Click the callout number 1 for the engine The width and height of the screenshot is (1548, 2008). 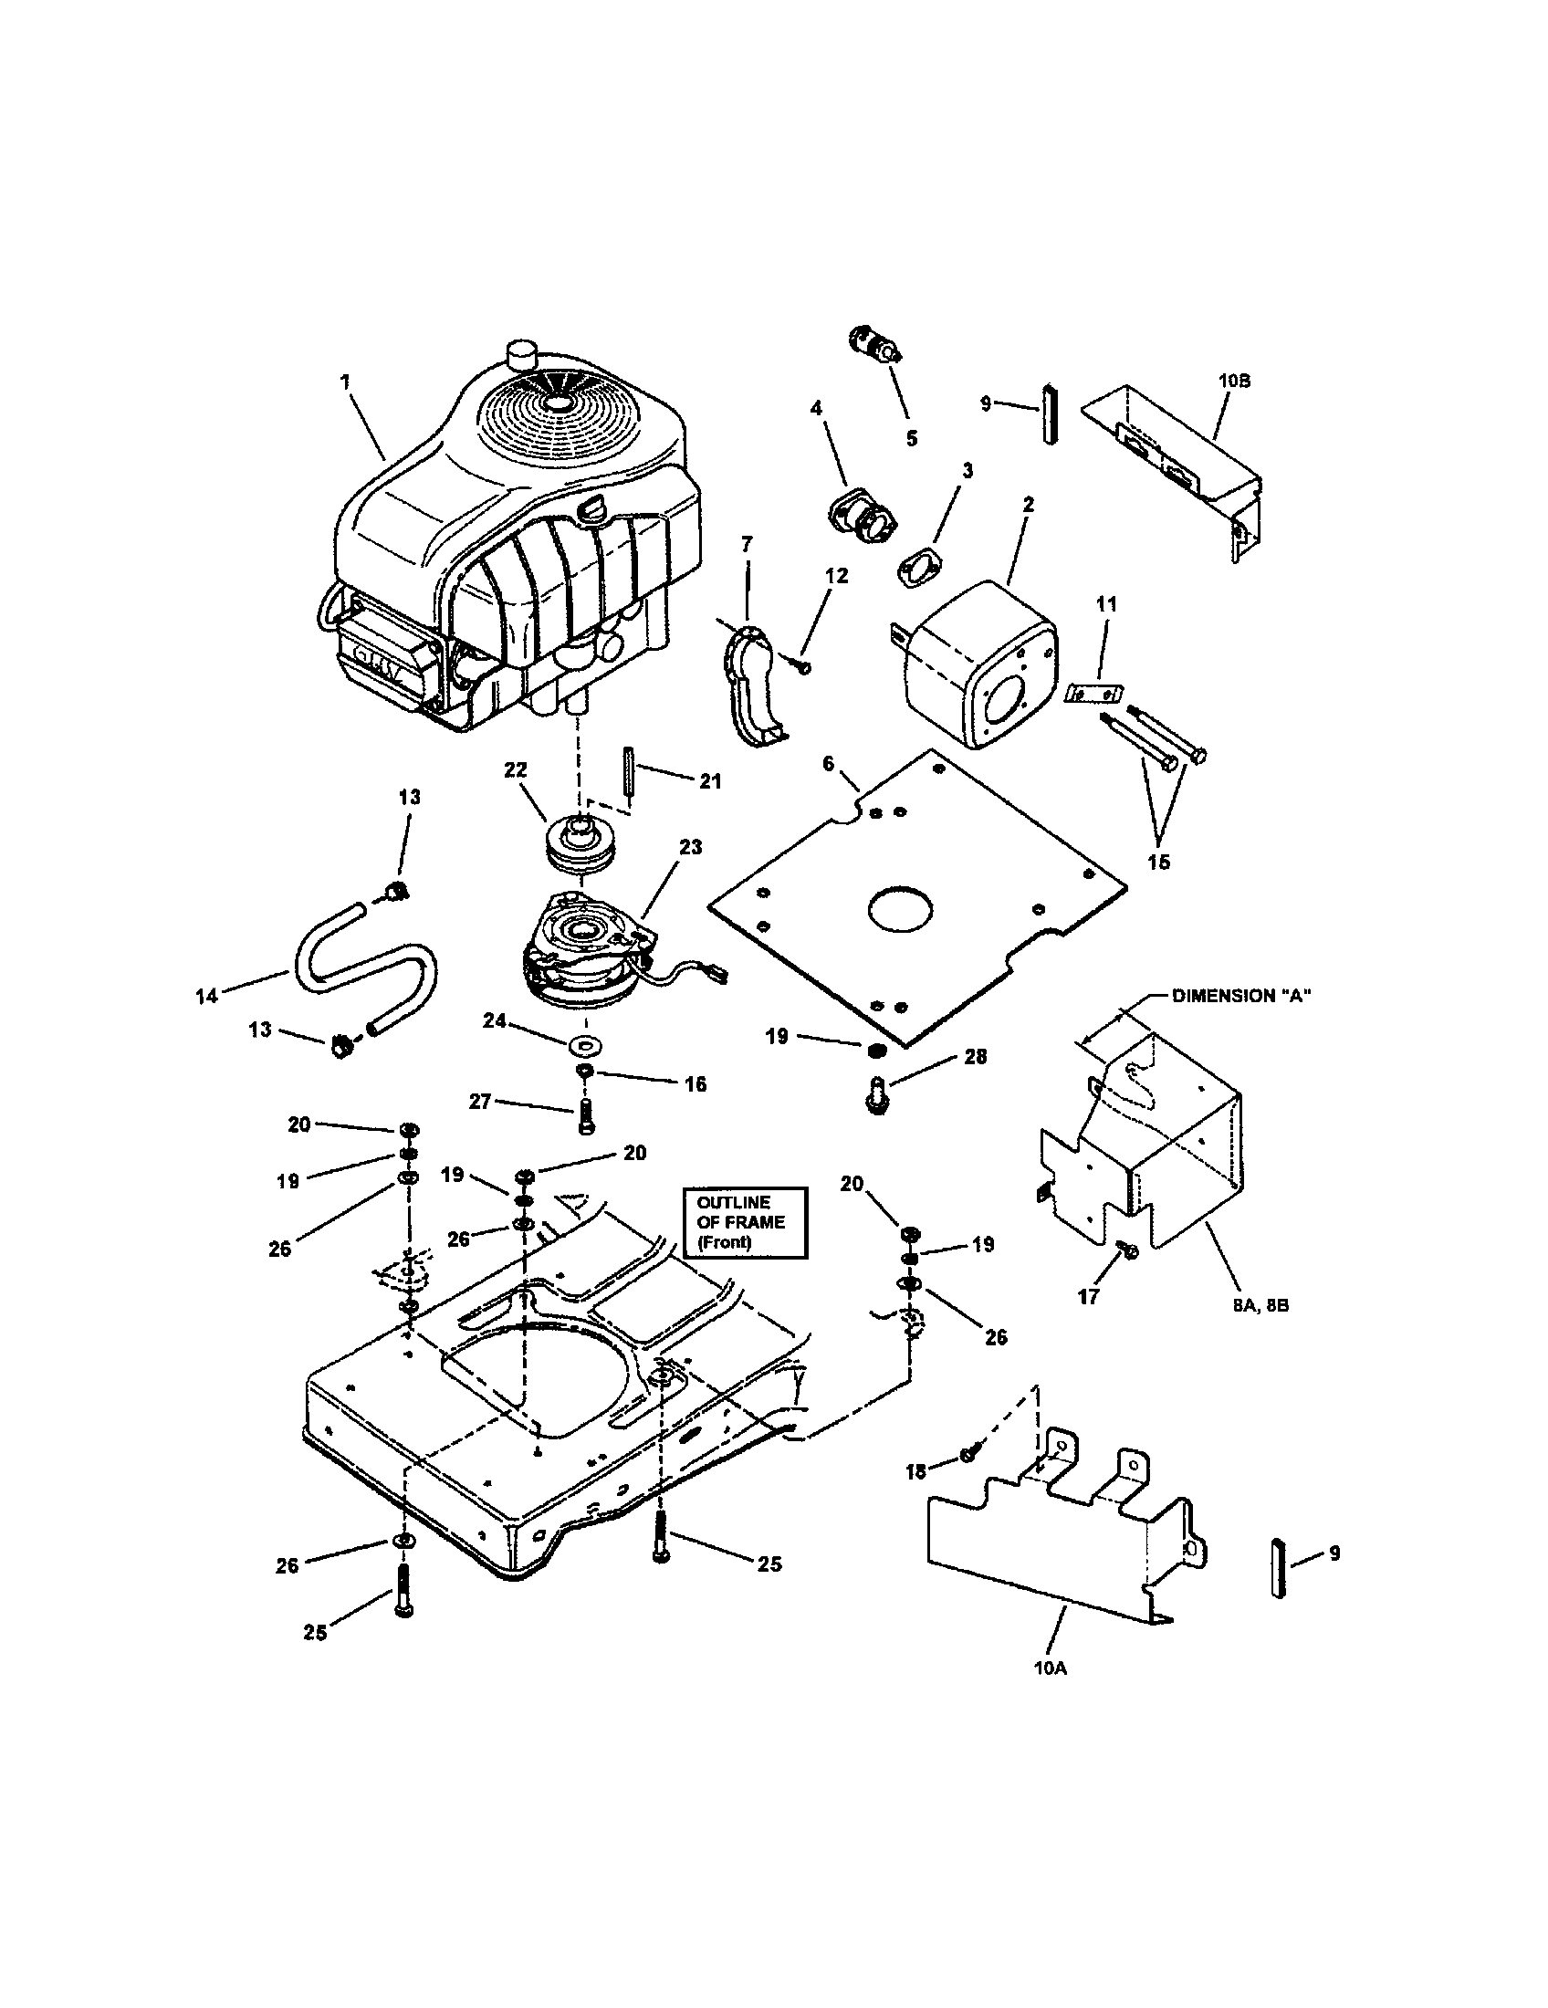tap(346, 382)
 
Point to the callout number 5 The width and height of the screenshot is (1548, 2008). tap(911, 438)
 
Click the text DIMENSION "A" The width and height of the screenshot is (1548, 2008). tap(1240, 996)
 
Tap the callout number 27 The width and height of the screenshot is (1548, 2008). tap(481, 1101)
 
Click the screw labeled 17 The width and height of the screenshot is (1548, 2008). tap(1129, 1250)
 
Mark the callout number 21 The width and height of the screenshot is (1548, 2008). tap(710, 781)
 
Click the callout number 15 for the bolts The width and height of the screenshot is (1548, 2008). tap(1158, 862)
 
